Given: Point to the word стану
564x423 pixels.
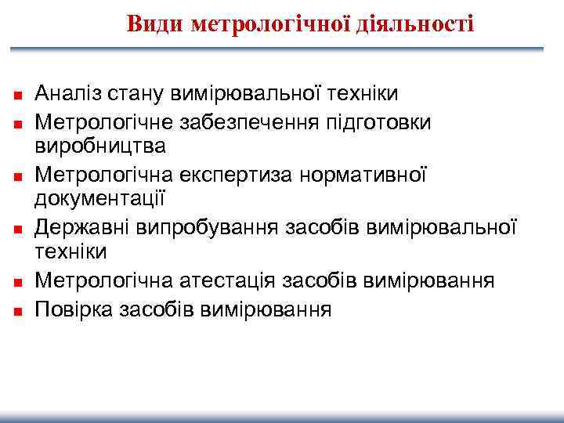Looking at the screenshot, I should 143,94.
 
